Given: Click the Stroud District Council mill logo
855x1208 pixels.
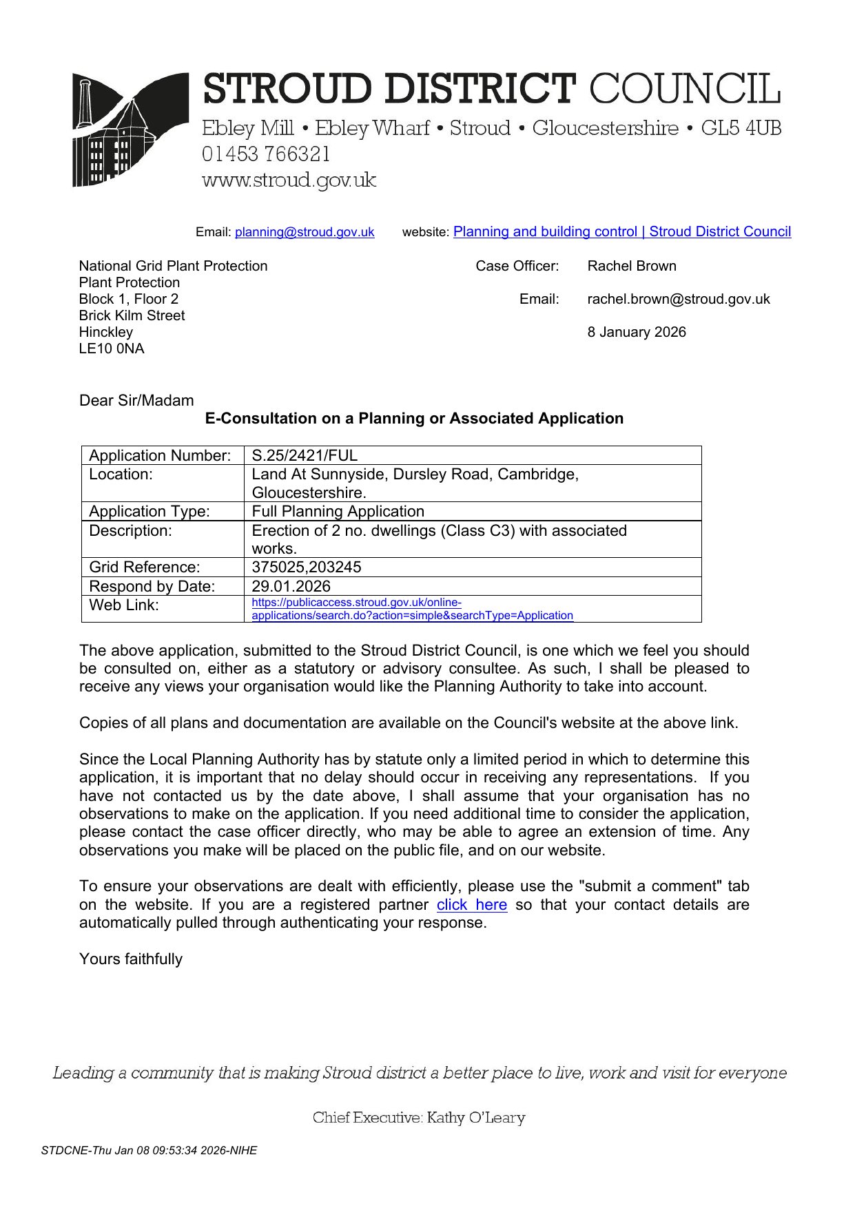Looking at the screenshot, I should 130,129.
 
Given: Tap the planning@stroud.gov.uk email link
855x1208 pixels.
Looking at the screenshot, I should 305,232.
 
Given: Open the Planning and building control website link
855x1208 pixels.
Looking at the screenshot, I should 621,231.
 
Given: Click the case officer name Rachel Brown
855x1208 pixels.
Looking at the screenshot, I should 631,266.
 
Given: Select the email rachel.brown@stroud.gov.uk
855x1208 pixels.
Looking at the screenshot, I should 678,299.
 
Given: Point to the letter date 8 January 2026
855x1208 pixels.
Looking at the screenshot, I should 636,332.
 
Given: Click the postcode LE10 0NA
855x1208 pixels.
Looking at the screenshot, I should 112,348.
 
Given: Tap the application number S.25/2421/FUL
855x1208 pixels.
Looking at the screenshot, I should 305,455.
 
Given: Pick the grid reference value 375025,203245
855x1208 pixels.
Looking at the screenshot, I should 306,567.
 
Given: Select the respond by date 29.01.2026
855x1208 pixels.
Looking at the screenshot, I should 291,586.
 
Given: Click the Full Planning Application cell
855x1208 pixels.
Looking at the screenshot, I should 338,511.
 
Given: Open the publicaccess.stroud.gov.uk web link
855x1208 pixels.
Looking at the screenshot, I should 411,609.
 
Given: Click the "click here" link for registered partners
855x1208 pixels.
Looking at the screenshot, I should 471,904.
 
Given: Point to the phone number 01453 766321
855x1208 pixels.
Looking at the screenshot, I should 266,154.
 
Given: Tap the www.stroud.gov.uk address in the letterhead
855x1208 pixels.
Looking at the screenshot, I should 289,180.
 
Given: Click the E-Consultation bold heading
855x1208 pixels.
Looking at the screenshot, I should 414,418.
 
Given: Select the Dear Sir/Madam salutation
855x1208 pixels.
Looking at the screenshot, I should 136,400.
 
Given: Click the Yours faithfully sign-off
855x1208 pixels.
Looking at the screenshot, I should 131,959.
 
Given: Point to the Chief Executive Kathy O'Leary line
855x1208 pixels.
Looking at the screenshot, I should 418,1117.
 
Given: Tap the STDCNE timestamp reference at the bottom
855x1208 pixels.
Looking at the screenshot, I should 149,1150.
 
